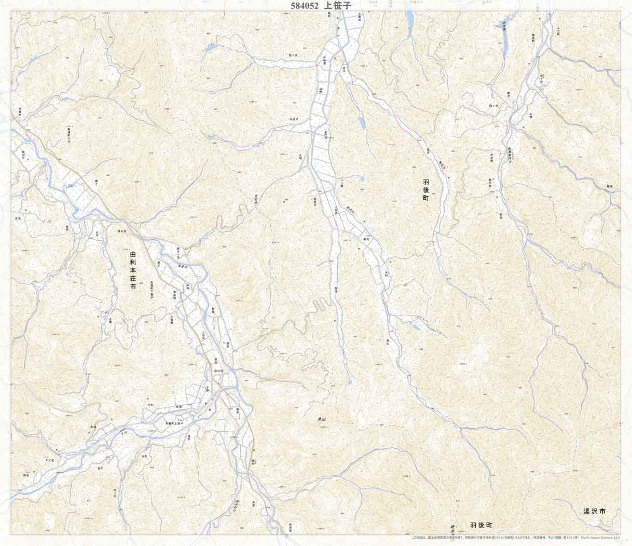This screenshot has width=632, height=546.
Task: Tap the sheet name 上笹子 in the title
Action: [337, 6]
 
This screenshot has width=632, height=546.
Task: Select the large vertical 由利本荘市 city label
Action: [132, 270]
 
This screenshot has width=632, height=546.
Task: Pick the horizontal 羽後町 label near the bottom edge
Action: [480, 526]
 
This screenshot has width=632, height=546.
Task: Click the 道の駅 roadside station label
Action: [218, 371]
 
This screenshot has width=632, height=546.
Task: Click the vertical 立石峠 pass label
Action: [256, 199]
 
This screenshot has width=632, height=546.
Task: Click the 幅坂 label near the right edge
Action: [609, 185]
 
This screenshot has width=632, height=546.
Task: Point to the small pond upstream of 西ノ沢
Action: [211, 47]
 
